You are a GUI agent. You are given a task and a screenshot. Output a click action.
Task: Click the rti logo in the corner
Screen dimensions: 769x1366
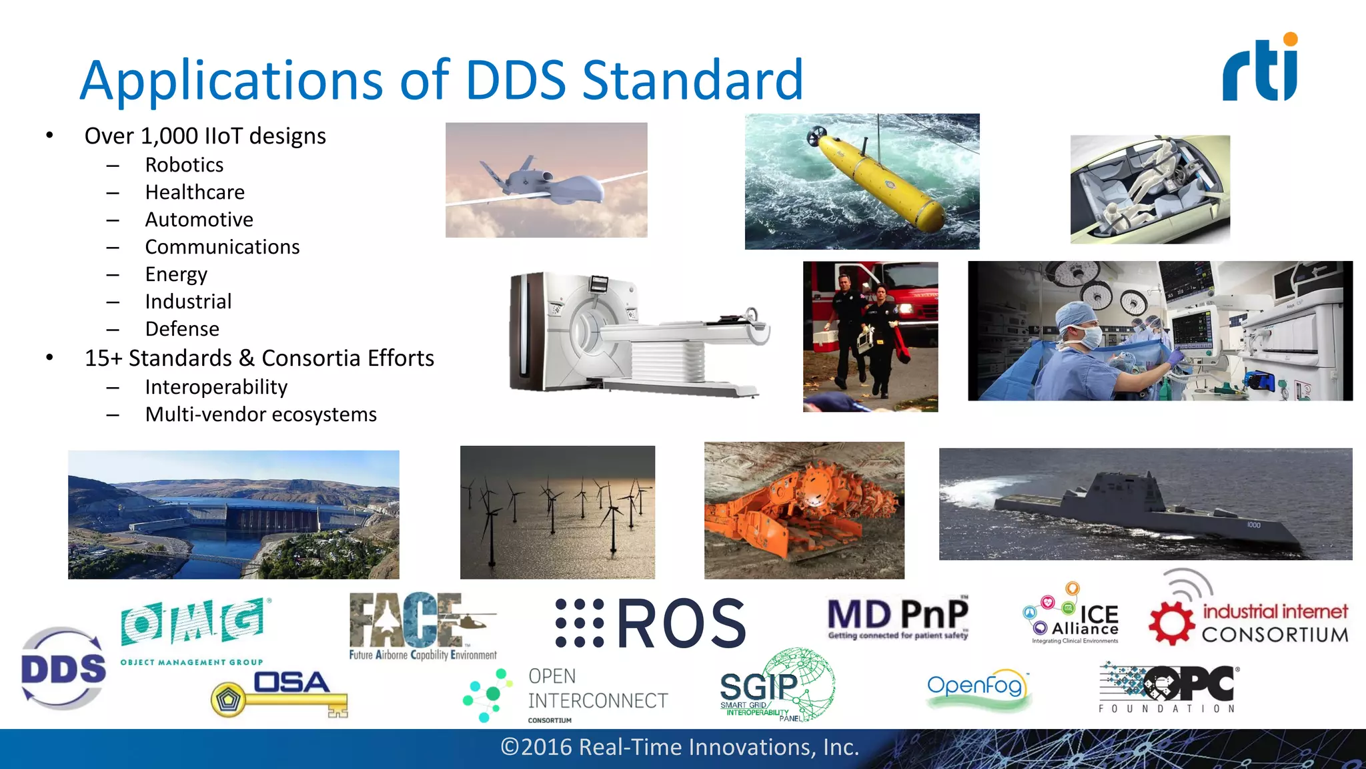coord(1260,69)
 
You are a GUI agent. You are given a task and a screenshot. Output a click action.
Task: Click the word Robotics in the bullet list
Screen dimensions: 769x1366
coord(184,165)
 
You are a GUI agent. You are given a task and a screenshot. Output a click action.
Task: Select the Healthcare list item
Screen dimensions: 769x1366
coord(195,192)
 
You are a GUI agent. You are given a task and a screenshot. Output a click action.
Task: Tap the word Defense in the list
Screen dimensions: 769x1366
coord(182,329)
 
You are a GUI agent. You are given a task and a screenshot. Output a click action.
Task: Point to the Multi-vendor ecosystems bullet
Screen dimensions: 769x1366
coord(261,415)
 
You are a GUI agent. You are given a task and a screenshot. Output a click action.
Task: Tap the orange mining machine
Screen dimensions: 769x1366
coord(807,507)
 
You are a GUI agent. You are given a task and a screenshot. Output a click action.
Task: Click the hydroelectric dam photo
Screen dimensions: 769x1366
coord(233,515)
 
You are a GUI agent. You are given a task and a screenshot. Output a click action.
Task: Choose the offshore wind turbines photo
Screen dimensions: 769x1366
coord(558,512)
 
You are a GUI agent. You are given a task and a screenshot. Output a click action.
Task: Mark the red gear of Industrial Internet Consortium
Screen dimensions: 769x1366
coord(1171,623)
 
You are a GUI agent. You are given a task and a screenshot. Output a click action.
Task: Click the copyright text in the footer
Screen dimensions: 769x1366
coord(680,748)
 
